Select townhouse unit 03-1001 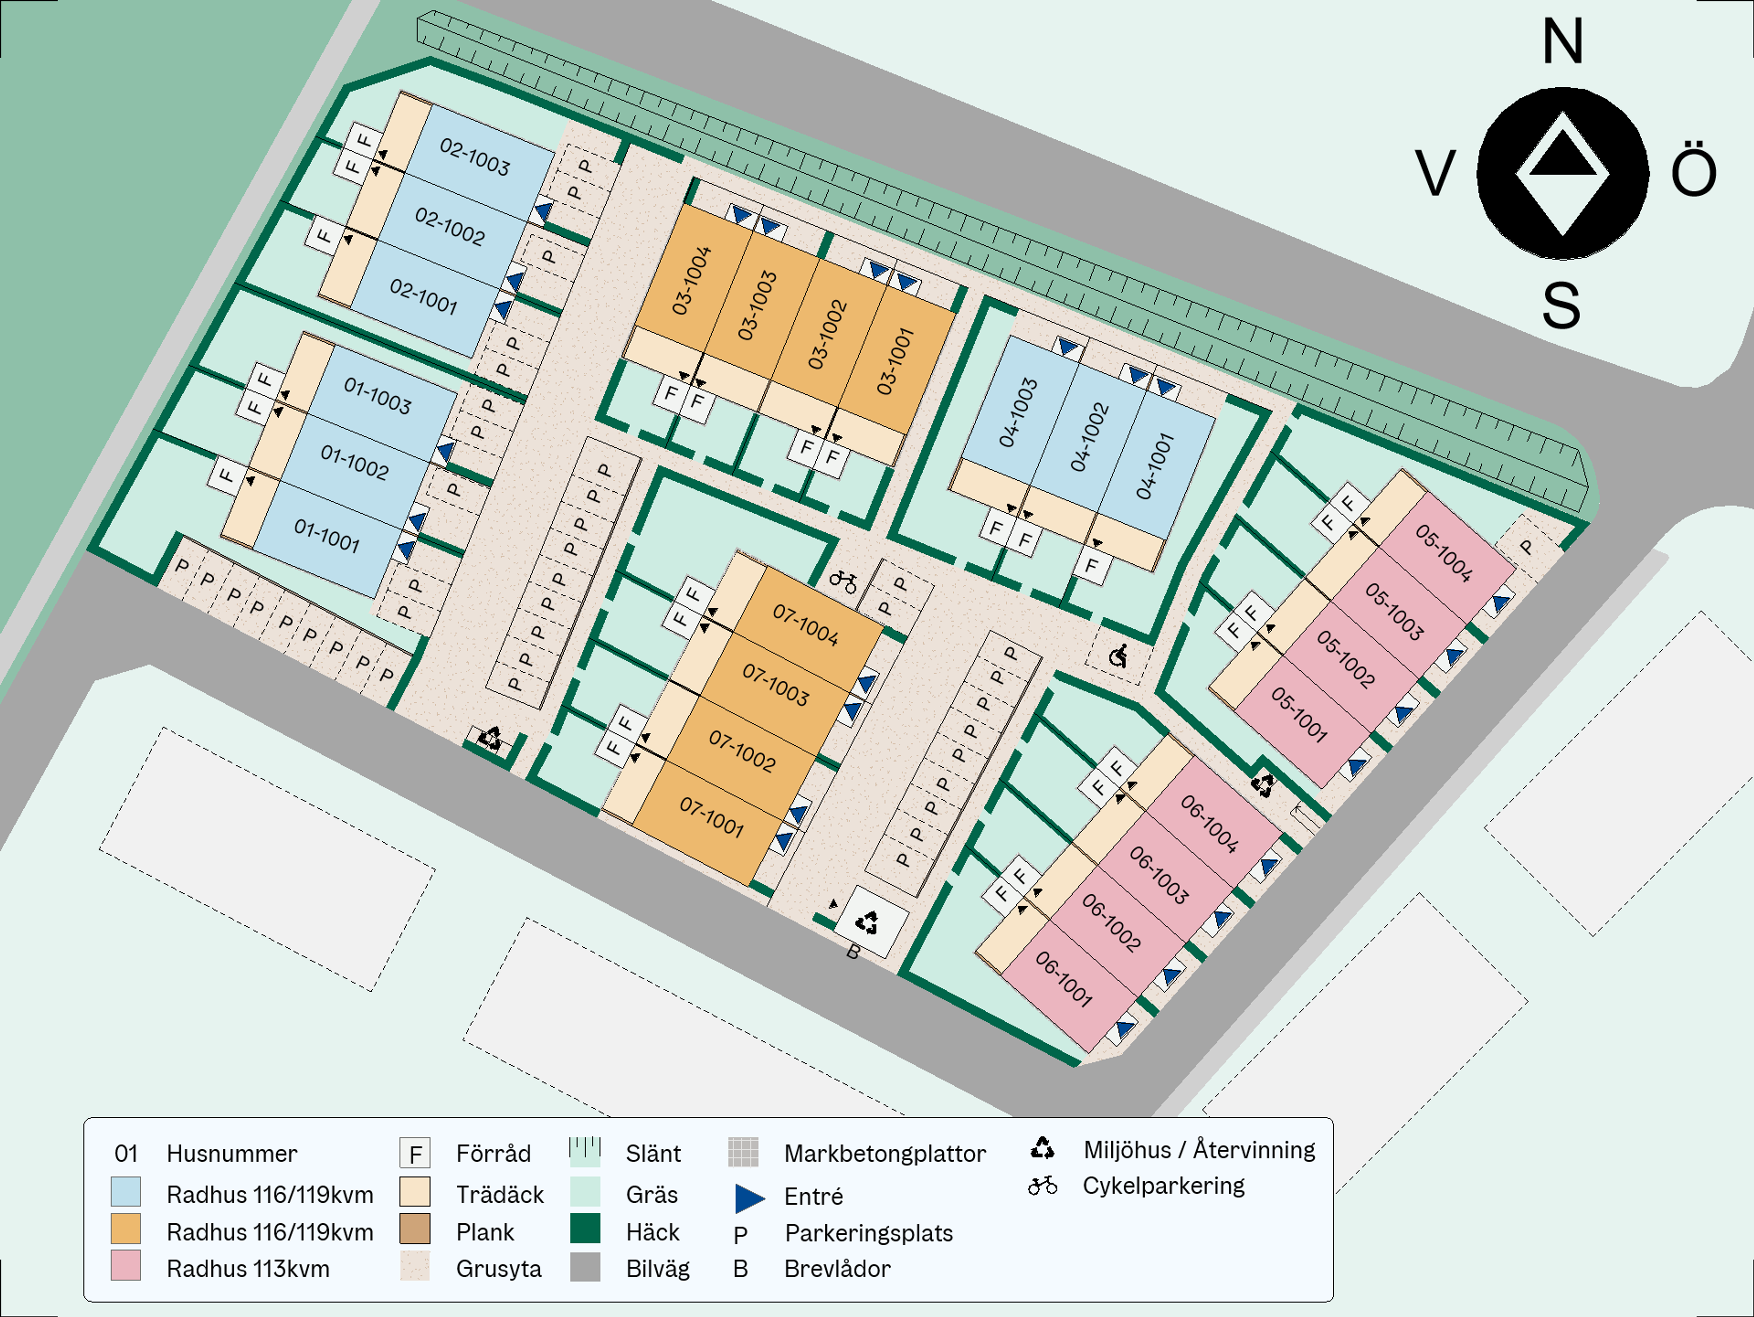point(896,361)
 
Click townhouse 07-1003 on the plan point(776,685)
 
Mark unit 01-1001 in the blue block point(327,536)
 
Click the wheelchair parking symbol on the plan point(1118,656)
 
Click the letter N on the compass point(1562,41)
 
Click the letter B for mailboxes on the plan point(852,952)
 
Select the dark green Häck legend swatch point(585,1228)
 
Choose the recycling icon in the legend point(1042,1148)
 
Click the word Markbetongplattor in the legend point(885,1153)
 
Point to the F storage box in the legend point(415,1153)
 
